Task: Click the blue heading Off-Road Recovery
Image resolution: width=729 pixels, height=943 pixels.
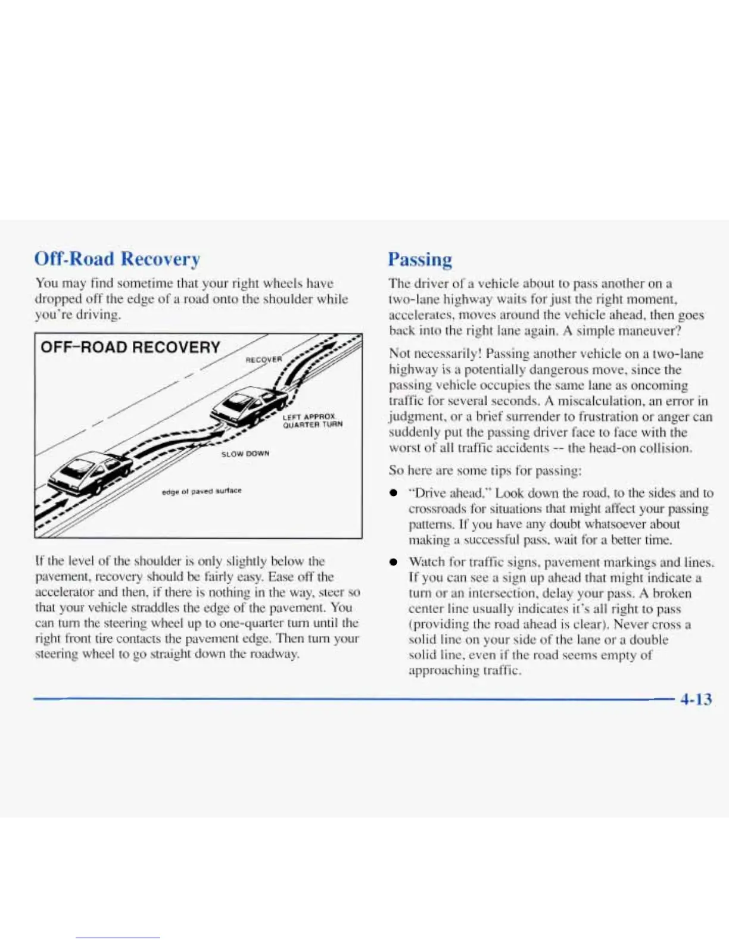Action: pyautogui.click(x=117, y=259)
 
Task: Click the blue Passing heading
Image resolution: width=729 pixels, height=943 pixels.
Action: pyautogui.click(x=420, y=260)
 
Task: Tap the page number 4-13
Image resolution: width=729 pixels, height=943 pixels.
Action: pyautogui.click(x=696, y=698)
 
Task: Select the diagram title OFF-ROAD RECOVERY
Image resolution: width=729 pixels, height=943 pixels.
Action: pyautogui.click(x=130, y=347)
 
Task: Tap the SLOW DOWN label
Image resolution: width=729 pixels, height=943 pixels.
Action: pyautogui.click(x=245, y=454)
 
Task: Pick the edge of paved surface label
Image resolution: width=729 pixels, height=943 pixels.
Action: pyautogui.click(x=201, y=491)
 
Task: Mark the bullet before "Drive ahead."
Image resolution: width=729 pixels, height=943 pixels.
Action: pyautogui.click(x=393, y=494)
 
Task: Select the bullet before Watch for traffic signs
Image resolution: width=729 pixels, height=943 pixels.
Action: pyautogui.click(x=393, y=563)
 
